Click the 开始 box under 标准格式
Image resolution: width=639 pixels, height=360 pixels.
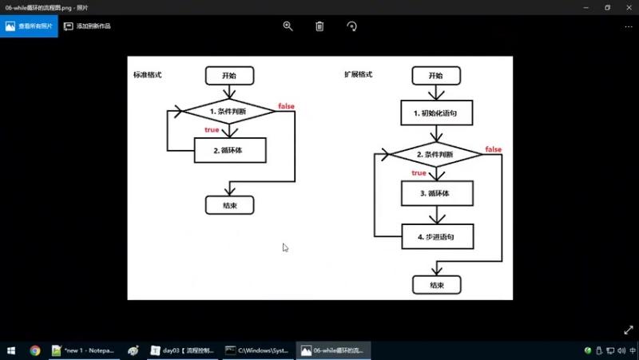coord(229,75)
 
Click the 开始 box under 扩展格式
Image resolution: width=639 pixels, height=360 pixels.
coord(435,75)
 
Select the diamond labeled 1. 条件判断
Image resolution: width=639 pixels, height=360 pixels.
coord(229,111)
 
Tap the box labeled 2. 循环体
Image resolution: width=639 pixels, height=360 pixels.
coord(229,149)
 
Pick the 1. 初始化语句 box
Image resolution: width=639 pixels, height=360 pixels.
coord(437,113)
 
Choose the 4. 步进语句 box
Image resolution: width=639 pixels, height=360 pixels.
coord(437,236)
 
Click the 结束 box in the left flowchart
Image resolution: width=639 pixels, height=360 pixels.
coord(229,204)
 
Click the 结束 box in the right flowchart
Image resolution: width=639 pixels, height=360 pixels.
coord(436,284)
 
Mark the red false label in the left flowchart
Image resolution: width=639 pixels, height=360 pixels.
coord(286,106)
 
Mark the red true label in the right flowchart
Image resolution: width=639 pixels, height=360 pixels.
coord(419,172)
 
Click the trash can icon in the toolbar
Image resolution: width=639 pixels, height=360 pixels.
coord(319,26)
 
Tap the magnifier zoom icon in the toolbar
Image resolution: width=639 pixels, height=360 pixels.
coord(288,26)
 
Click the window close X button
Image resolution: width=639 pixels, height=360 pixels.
coord(628,7)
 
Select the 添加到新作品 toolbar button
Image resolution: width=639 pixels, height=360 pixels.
coord(87,26)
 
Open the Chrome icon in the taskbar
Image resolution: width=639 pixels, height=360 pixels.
coord(35,350)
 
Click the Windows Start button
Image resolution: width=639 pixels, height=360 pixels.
coord(12,350)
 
